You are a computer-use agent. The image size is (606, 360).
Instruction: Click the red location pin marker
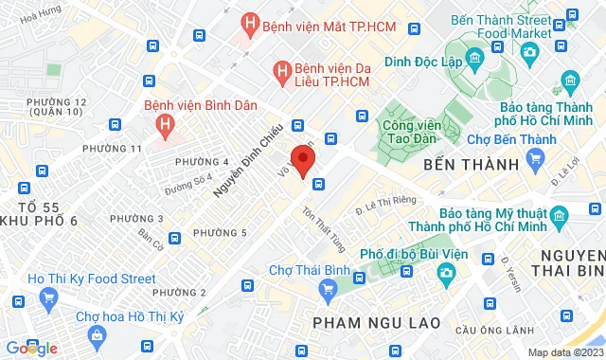pos(303,160)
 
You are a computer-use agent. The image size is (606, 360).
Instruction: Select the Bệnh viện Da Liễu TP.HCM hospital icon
pos(281,69)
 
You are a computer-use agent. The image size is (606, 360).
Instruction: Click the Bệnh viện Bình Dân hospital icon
pos(167,121)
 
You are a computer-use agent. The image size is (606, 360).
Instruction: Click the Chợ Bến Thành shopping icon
pos(537,157)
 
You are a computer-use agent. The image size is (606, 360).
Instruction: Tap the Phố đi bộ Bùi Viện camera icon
pos(445,273)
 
